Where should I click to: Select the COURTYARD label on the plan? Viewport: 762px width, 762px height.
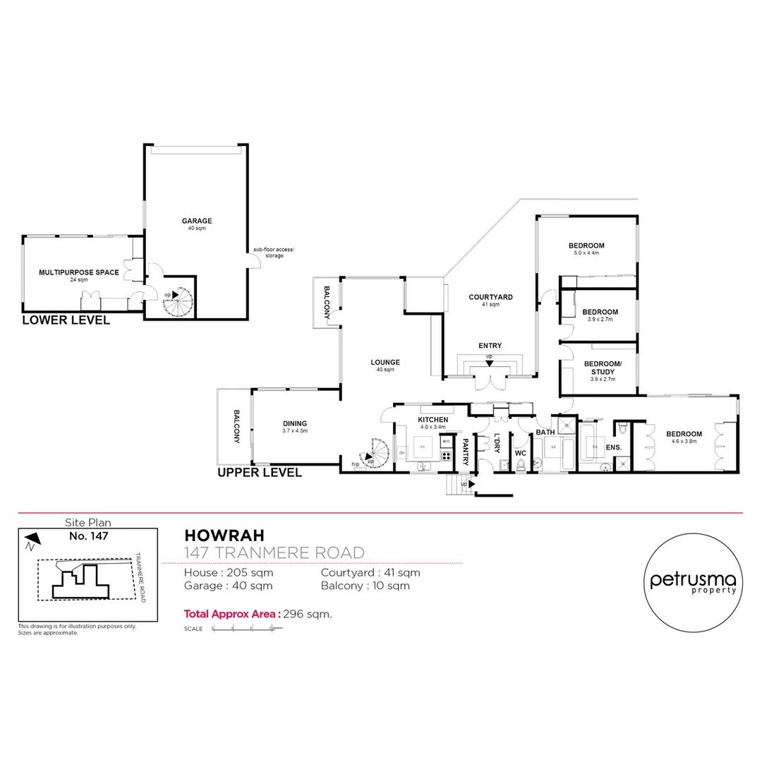[490, 297]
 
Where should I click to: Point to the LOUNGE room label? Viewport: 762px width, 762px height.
[385, 362]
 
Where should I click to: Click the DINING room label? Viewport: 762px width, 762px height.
[295, 423]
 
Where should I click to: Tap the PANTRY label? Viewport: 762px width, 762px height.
[466, 451]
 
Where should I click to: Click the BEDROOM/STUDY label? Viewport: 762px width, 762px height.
[603, 368]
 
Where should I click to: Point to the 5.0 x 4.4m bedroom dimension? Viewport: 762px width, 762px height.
[586, 254]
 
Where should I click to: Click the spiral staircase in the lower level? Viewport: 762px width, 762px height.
[177, 302]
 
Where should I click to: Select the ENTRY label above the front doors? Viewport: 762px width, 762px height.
[490, 345]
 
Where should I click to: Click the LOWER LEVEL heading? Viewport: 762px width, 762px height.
[66, 320]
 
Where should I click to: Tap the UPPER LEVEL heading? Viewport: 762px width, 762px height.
[260, 473]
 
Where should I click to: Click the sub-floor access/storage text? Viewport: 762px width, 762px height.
[274, 253]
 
